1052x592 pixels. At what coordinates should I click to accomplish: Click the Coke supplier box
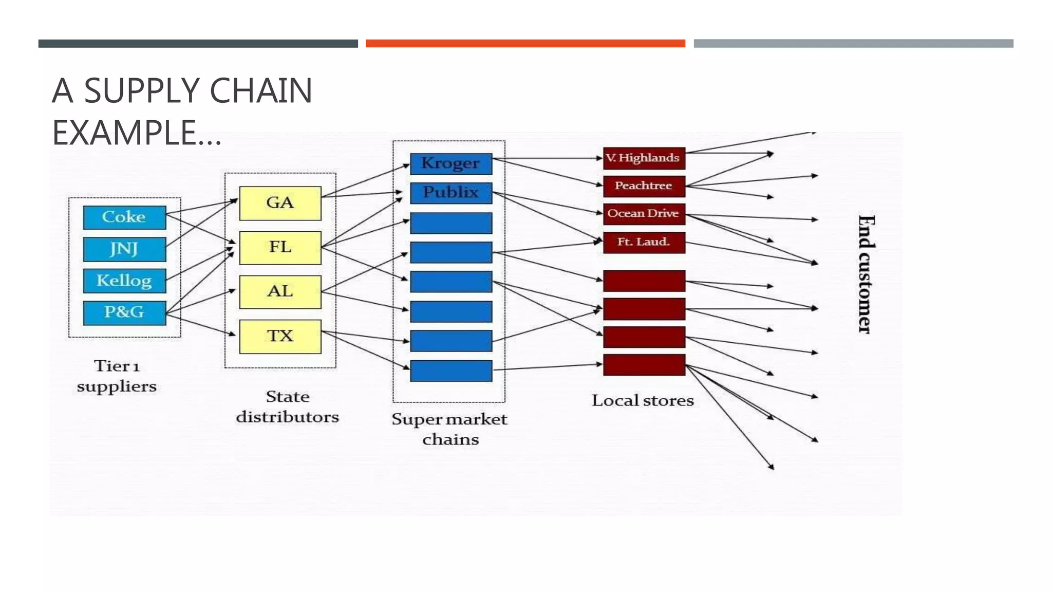tap(124, 217)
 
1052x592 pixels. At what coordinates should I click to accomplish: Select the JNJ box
tap(124, 249)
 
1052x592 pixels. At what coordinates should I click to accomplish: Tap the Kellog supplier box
tap(124, 281)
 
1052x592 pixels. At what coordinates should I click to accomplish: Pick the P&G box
tap(124, 312)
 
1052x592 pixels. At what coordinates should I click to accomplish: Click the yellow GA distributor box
tap(280, 203)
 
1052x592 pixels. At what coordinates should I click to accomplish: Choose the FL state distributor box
tap(280, 248)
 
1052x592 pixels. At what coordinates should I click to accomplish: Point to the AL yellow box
tap(280, 292)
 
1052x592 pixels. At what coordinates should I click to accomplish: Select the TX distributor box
tap(280, 337)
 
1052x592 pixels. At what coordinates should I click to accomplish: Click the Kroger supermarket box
tap(450, 164)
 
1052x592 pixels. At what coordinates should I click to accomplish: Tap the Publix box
tap(450, 193)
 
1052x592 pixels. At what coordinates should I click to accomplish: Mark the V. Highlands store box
tap(644, 158)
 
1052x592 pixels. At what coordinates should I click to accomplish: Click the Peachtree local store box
tap(644, 186)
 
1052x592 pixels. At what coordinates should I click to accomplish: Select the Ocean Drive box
tap(644, 214)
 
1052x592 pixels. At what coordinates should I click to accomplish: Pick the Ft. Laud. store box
tap(644, 242)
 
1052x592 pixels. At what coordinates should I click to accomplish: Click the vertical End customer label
tap(866, 274)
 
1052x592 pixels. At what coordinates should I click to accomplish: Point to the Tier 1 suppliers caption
tap(117, 376)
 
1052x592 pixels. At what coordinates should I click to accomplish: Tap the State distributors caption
tap(287, 406)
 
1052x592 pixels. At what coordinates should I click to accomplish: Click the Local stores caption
tap(643, 400)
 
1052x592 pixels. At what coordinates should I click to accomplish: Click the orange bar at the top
tap(525, 44)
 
